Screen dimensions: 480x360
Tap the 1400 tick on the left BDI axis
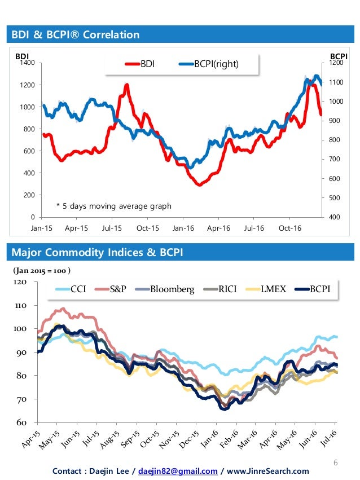click(27, 64)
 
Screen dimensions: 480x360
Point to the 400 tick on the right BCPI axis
click(336, 217)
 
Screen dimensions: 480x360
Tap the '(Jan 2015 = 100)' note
click(42, 270)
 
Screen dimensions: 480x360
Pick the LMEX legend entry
click(274, 289)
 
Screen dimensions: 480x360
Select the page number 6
click(335, 463)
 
